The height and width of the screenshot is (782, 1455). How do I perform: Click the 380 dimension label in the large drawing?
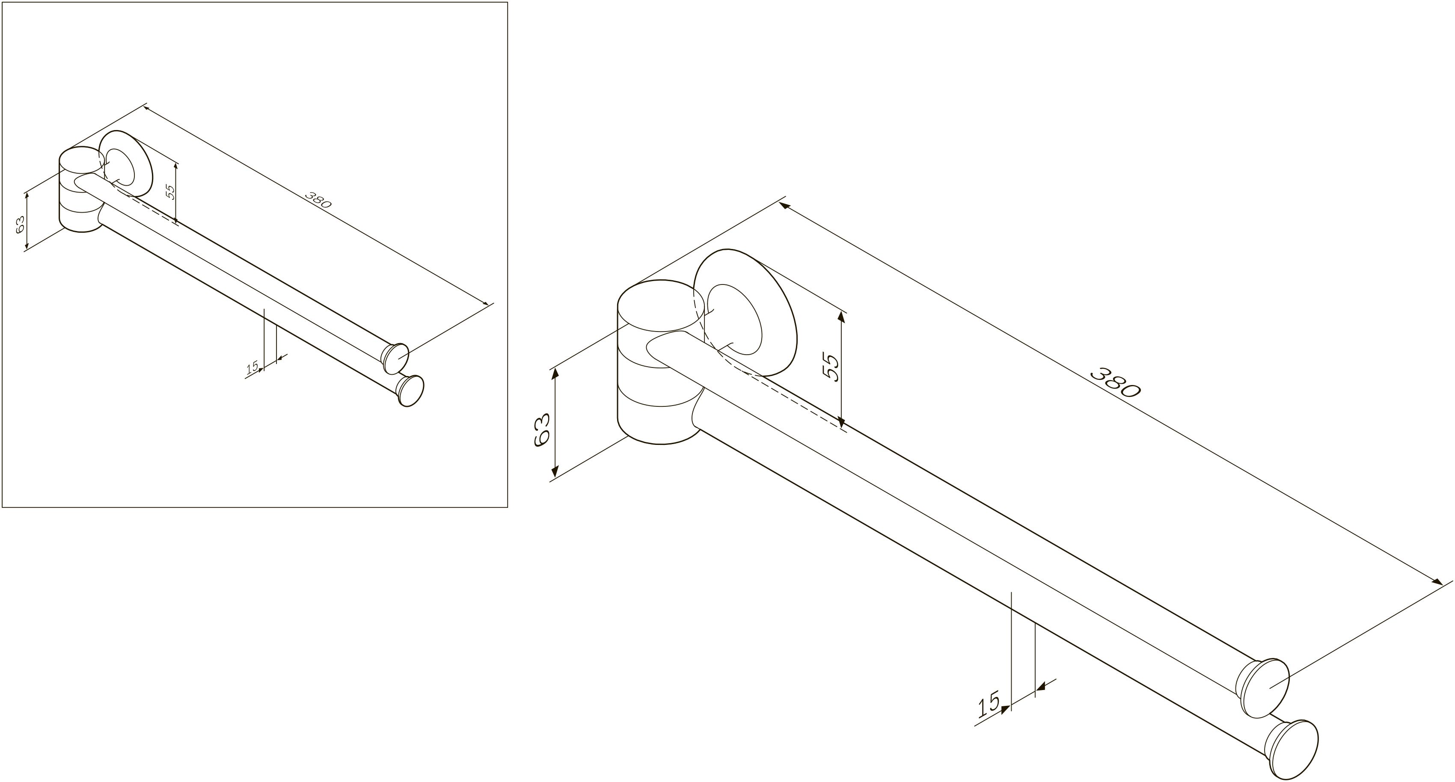pyautogui.click(x=1114, y=383)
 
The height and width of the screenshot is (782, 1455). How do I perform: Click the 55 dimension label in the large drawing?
pyautogui.click(x=831, y=367)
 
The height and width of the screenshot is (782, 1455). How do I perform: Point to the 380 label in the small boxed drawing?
pyautogui.click(x=318, y=200)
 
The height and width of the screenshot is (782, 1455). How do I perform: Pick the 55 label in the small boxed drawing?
pyautogui.click(x=170, y=192)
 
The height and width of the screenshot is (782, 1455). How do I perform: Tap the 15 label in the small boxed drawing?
pyautogui.click(x=252, y=367)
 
